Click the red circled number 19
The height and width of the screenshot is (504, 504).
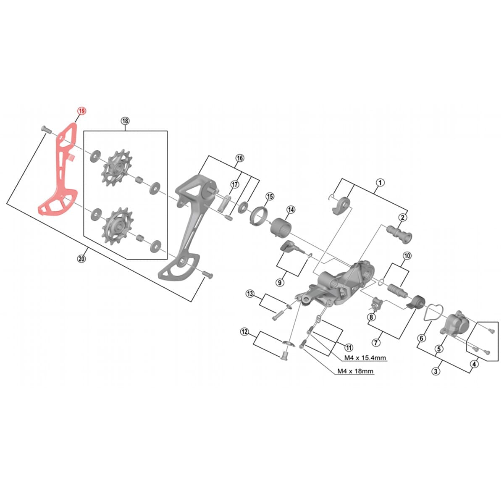tap(81, 110)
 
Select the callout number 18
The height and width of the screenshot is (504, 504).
tap(125, 121)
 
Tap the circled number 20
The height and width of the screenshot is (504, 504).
tap(81, 259)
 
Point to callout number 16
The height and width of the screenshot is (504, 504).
tap(239, 158)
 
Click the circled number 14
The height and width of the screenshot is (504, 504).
tap(291, 210)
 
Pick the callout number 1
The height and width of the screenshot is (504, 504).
tap(380, 182)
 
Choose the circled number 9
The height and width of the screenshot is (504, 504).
tap(280, 283)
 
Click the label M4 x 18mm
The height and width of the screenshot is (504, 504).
tap(355, 371)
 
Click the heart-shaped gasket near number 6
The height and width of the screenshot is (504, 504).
tap(430, 314)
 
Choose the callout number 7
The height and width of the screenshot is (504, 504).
tap(376, 343)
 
